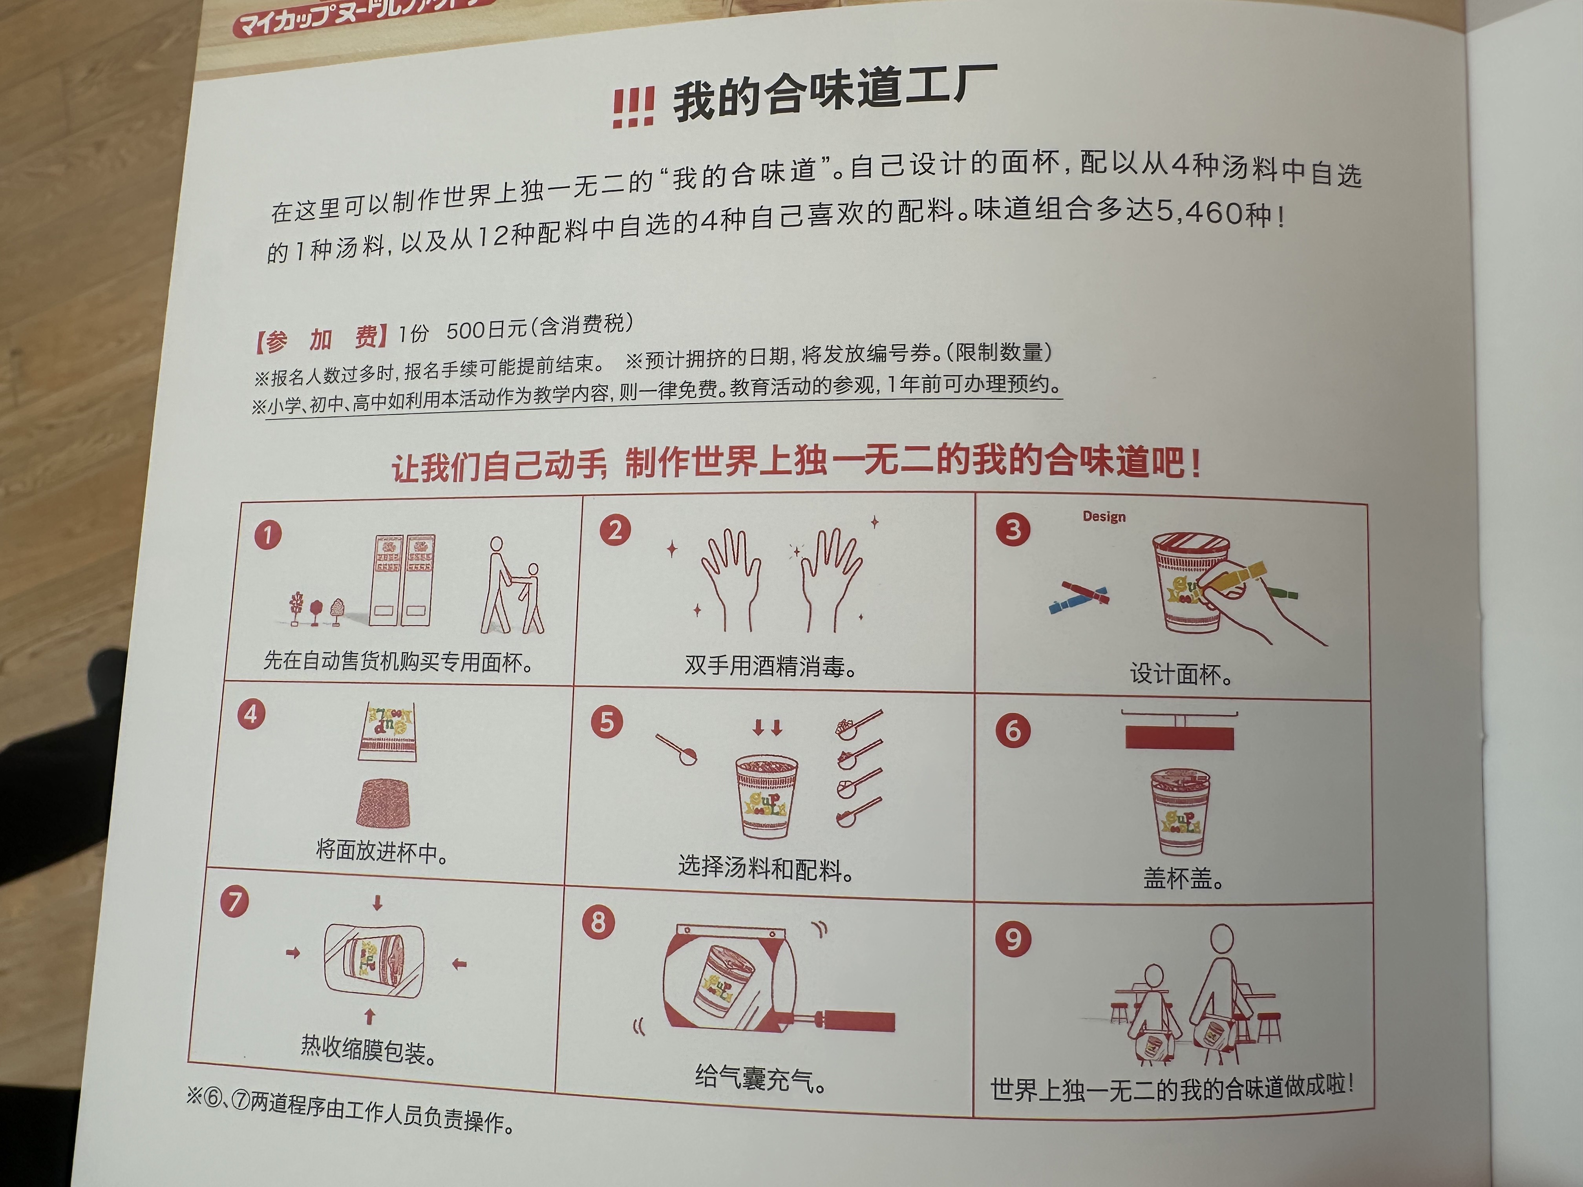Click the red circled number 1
[x=268, y=535]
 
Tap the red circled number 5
[x=606, y=722]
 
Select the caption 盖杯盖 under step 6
[x=1183, y=878]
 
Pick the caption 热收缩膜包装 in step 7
[x=369, y=1050]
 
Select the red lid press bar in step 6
[x=1179, y=737]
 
